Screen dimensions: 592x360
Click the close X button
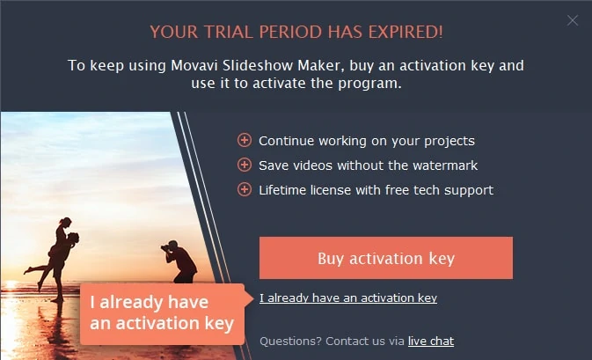click(573, 20)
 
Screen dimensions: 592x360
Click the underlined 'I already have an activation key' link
click(348, 298)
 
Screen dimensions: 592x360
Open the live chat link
click(431, 342)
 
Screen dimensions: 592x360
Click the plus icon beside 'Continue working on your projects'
click(245, 140)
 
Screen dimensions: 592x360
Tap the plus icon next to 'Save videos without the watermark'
click(245, 165)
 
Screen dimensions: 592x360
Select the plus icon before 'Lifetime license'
click(245, 189)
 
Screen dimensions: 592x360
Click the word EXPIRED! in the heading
click(406, 32)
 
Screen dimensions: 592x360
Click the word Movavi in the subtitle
click(194, 66)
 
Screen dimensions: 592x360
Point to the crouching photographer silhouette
click(179, 261)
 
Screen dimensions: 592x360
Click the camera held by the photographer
click(165, 248)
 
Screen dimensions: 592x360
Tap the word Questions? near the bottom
click(290, 342)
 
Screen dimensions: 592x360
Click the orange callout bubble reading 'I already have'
click(163, 314)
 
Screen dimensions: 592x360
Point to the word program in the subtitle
click(369, 84)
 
